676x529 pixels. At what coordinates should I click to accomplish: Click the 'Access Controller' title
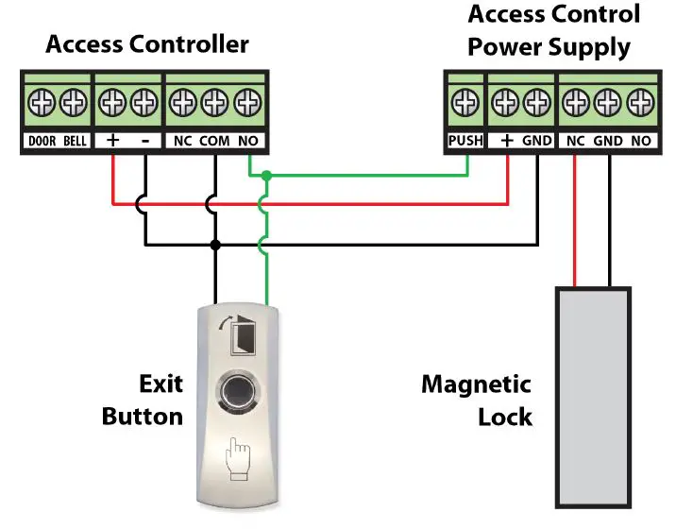coord(147,43)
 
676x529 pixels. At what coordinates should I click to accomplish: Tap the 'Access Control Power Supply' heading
coord(553,30)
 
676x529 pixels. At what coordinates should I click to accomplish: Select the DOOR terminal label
coord(42,142)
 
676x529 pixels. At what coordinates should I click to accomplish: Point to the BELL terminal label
coord(76,142)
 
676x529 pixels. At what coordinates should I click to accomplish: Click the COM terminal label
coord(215,142)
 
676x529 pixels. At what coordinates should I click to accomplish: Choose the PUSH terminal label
coord(465,141)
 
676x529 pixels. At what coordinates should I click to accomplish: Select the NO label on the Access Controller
coord(247,142)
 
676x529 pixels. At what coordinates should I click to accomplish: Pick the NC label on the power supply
coord(575,141)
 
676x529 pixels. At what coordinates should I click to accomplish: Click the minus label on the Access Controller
coord(144,142)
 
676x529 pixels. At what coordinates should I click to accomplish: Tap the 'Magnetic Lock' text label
coord(476,401)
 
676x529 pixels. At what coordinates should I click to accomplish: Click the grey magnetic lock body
coord(592,397)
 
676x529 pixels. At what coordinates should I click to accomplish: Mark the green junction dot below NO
coord(267,176)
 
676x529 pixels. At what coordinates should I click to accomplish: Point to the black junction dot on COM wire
coord(216,245)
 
